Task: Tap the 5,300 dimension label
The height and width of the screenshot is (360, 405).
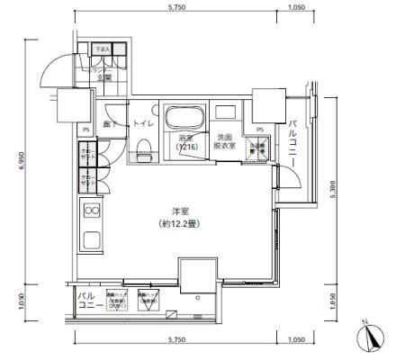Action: click(x=334, y=192)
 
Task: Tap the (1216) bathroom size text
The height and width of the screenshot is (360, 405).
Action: click(x=187, y=147)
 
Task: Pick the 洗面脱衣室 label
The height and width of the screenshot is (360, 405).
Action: click(x=225, y=141)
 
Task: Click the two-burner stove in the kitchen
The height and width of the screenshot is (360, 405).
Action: click(x=91, y=211)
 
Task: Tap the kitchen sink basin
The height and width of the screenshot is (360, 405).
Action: click(x=91, y=242)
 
